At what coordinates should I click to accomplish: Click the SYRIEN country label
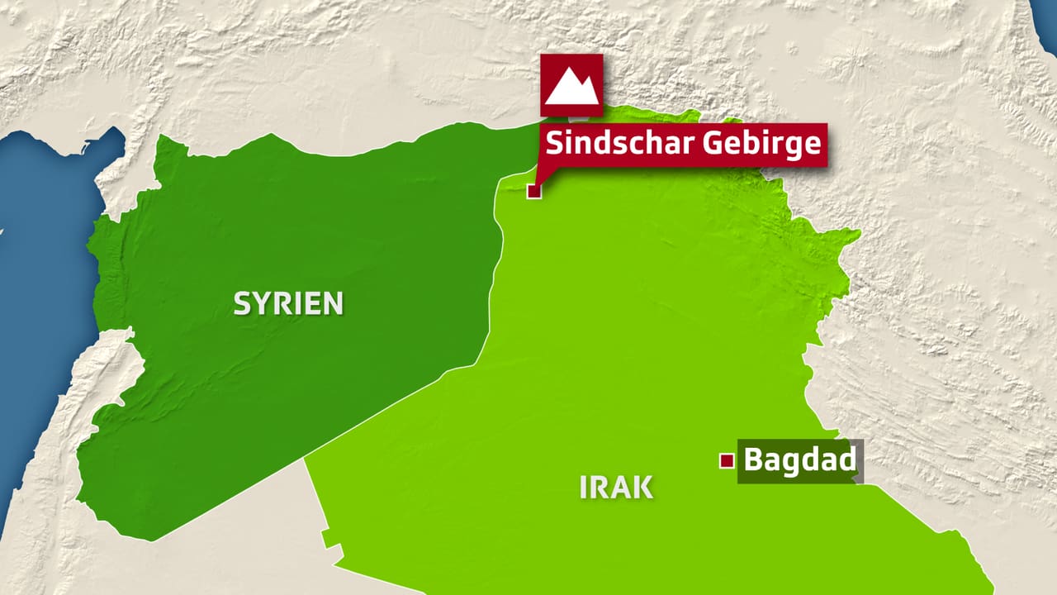click(288, 303)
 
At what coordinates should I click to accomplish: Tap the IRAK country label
click(616, 487)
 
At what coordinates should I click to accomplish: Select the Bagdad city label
click(799, 459)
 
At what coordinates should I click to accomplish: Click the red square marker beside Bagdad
click(727, 461)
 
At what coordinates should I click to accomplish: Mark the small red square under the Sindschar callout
click(533, 192)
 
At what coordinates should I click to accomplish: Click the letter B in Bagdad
click(752, 459)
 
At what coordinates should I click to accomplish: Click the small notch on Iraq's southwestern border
click(330, 538)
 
